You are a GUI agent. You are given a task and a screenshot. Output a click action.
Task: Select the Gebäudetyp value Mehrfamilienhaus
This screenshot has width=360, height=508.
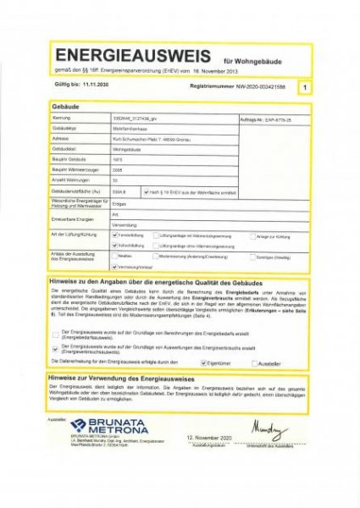coord(130,128)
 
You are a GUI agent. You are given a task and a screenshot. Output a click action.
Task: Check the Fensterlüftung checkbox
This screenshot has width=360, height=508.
coord(115,235)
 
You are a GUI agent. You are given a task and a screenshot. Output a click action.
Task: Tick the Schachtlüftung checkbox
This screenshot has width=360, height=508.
coord(115,245)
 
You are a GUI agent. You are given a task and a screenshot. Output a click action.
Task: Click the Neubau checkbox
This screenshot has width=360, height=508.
coord(115,256)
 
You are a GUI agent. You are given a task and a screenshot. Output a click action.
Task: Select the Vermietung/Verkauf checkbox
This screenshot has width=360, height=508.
coord(115,266)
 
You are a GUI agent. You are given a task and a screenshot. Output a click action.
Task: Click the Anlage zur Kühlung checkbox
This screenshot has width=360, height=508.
coord(251,235)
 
